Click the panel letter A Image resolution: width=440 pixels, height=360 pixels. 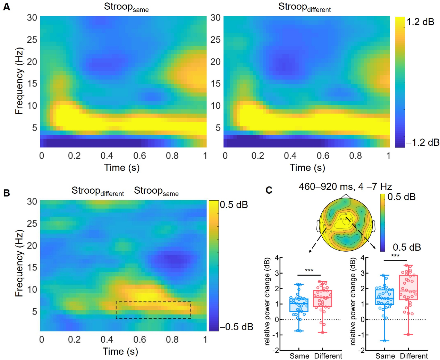(x=6, y=7)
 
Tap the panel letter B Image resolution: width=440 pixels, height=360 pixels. (x=6, y=193)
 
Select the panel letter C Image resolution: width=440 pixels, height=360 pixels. (x=269, y=190)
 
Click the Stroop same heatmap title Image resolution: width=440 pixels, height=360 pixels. (x=126, y=7)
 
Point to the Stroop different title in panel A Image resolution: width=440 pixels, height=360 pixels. (x=304, y=7)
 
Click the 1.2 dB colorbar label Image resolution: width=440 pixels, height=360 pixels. (x=420, y=22)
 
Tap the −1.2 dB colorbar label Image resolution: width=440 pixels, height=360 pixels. (x=423, y=142)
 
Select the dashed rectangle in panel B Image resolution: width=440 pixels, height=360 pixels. (x=153, y=310)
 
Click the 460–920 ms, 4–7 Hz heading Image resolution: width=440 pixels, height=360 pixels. (x=345, y=187)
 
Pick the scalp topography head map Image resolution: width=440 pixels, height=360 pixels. (x=346, y=224)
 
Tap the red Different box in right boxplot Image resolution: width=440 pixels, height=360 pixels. (x=408, y=287)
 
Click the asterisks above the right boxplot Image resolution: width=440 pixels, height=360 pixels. (x=395, y=256)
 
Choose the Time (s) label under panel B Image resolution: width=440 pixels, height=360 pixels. (x=120, y=351)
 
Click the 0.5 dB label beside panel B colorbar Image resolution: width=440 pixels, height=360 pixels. (x=234, y=205)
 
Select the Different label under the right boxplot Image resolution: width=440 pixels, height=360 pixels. (x=414, y=356)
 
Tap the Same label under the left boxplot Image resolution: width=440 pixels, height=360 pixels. (x=299, y=356)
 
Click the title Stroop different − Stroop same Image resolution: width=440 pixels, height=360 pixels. (x=125, y=191)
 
